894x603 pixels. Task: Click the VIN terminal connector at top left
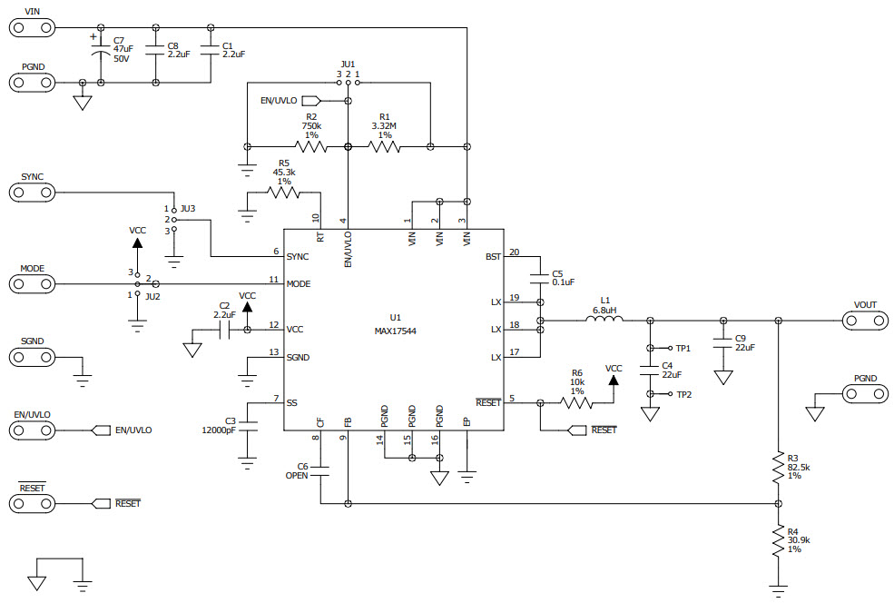[x=32, y=27]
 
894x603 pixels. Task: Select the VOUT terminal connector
[x=864, y=321]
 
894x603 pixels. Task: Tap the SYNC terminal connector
[x=32, y=193]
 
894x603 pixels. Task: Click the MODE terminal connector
[x=32, y=284]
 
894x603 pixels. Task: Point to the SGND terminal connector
[x=32, y=357]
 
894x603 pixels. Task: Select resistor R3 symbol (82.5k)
[x=778, y=469]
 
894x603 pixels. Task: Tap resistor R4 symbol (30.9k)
[x=778, y=541]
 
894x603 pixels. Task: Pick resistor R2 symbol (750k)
[x=310, y=145]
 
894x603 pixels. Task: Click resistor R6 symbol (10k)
[x=576, y=402]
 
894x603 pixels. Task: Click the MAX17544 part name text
[x=397, y=331]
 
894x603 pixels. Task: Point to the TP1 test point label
[x=683, y=348]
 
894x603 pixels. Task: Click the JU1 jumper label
[x=348, y=64]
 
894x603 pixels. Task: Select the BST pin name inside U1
[x=493, y=257]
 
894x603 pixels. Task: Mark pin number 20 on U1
[x=514, y=252]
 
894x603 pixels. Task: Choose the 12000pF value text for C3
[x=218, y=431]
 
